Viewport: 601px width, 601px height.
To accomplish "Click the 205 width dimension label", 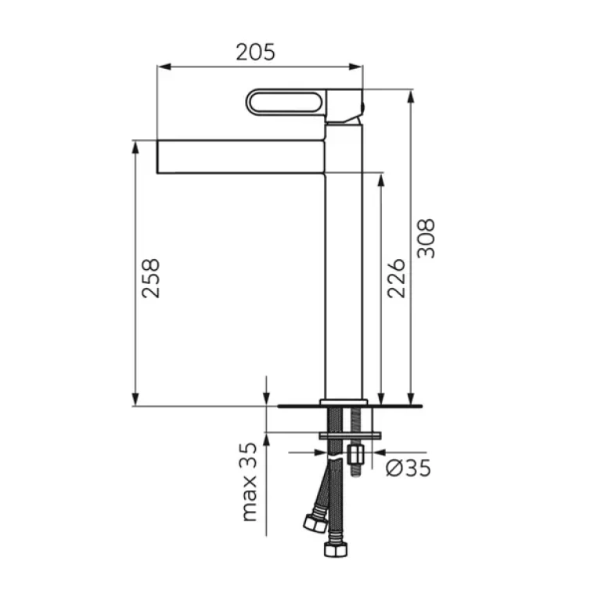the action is click(x=255, y=52).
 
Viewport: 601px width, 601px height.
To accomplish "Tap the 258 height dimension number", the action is click(x=150, y=279).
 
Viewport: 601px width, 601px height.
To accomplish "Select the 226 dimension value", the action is click(x=396, y=279).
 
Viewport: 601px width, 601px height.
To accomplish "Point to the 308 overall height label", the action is click(x=426, y=239).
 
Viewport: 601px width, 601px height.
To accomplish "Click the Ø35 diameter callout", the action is click(x=408, y=468).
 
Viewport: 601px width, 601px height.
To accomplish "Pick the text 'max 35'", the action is click(x=249, y=482).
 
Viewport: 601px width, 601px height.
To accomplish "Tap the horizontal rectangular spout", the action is click(x=241, y=157).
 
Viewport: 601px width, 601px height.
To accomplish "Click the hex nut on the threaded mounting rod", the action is click(x=356, y=455).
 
